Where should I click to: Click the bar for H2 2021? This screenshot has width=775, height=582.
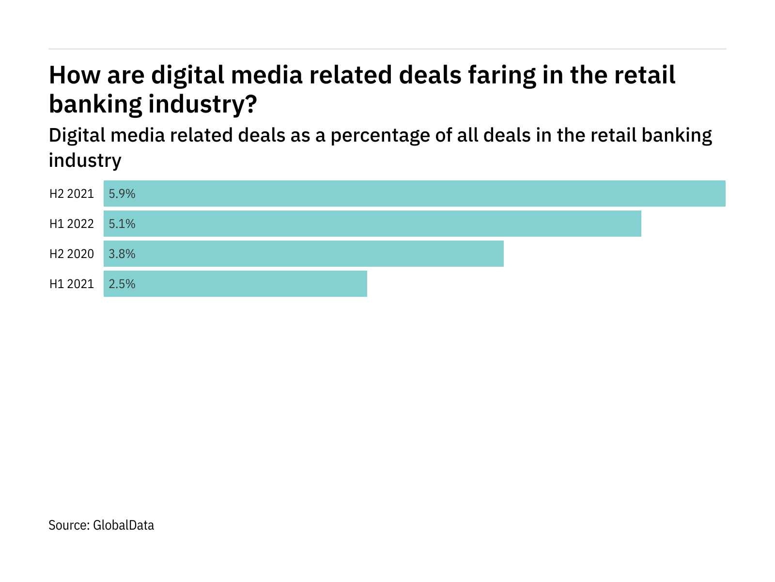(x=415, y=194)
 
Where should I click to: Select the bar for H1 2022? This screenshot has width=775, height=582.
(x=372, y=224)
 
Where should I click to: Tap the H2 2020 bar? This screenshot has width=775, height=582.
(x=304, y=254)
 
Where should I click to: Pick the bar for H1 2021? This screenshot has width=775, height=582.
(x=235, y=284)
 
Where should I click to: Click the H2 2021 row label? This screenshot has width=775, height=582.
(x=72, y=194)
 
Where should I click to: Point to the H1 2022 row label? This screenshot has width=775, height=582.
(x=72, y=224)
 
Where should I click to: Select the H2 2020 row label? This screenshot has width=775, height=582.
(x=72, y=254)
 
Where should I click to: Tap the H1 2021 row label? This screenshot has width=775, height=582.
(x=72, y=284)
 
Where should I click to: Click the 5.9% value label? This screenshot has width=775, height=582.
(x=122, y=194)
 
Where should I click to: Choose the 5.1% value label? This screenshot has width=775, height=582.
(x=122, y=224)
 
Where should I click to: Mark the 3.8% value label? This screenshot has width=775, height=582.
(x=122, y=254)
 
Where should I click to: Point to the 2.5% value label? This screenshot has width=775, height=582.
(x=122, y=284)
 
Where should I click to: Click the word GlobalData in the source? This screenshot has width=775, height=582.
(x=124, y=525)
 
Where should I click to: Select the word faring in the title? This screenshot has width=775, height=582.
(x=502, y=76)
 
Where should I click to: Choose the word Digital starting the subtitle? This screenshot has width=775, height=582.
(x=77, y=135)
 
